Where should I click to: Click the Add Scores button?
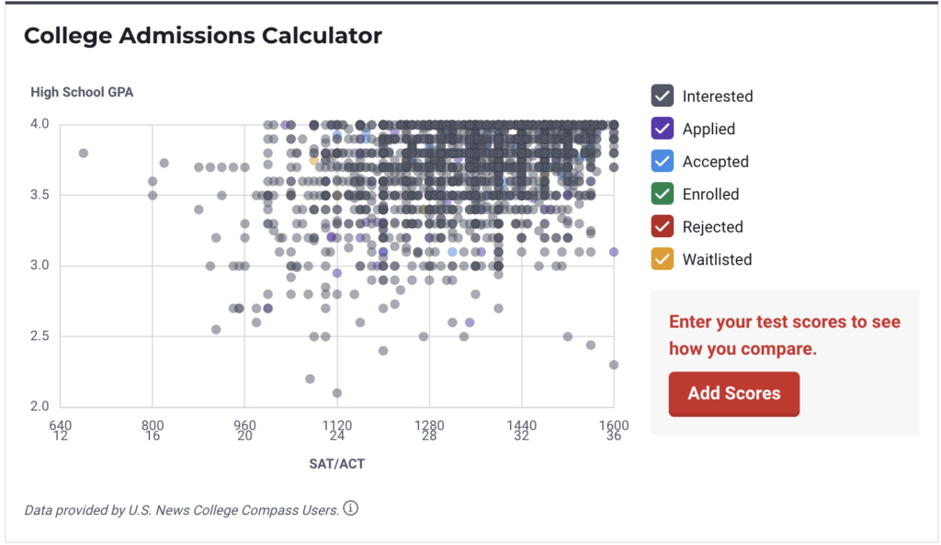tap(733, 393)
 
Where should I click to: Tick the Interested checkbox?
tap(663, 97)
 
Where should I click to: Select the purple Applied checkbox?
tap(663, 129)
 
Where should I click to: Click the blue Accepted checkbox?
tap(663, 162)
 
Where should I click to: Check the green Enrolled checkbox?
tap(663, 194)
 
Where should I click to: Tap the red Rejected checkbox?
tap(663, 227)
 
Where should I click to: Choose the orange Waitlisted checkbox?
tap(663, 259)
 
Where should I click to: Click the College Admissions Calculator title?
tap(202, 37)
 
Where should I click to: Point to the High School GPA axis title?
tap(82, 92)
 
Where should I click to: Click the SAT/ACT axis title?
tap(336, 464)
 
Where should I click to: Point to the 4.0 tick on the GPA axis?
tap(42, 125)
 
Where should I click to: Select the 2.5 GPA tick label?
tap(42, 336)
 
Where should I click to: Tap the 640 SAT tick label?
tap(60, 426)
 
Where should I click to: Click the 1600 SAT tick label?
tap(613, 426)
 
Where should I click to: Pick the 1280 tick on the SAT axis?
tap(429, 426)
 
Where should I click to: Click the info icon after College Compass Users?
tap(350, 508)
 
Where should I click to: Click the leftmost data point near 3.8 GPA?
tap(84, 153)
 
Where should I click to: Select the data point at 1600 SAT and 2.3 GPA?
tap(614, 365)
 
